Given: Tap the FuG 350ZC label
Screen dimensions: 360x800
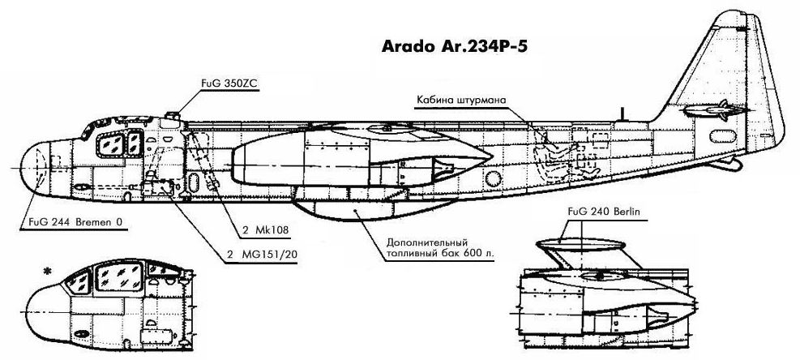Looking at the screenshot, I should (229, 82).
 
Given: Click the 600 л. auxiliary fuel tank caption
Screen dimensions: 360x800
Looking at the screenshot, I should (442, 246).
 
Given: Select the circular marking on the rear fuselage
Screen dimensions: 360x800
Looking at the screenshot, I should (492, 178).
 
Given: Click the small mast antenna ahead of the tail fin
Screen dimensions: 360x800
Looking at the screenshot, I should (622, 113).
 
